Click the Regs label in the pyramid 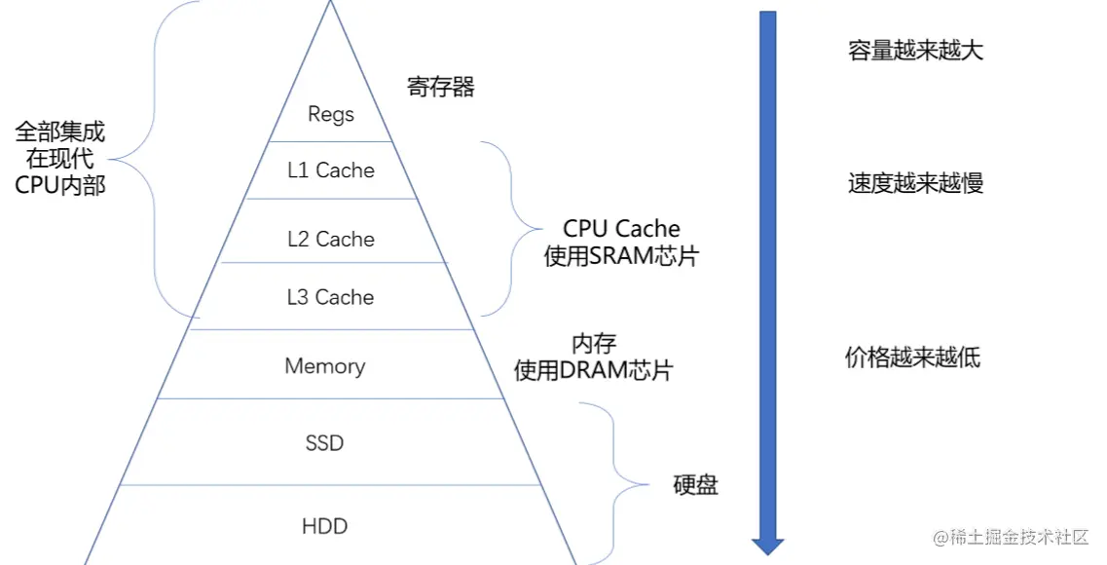pyautogui.click(x=330, y=114)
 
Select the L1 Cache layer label pyautogui.click(x=330, y=170)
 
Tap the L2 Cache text pyautogui.click(x=330, y=239)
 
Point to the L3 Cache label pyautogui.click(x=330, y=297)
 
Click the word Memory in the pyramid pyautogui.click(x=325, y=366)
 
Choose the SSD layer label pyautogui.click(x=324, y=443)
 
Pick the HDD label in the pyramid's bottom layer pyautogui.click(x=324, y=526)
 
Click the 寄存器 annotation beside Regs pyautogui.click(x=441, y=87)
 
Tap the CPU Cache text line pyautogui.click(x=621, y=229)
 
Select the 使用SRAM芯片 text pyautogui.click(x=621, y=258)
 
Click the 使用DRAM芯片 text pyautogui.click(x=593, y=370)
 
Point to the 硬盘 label pyautogui.click(x=695, y=484)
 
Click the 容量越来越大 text pyautogui.click(x=915, y=51)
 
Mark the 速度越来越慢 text pyautogui.click(x=915, y=182)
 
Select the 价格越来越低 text pyautogui.click(x=912, y=357)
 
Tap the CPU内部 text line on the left pyautogui.click(x=60, y=185)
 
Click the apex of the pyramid pyautogui.click(x=330, y=4)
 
